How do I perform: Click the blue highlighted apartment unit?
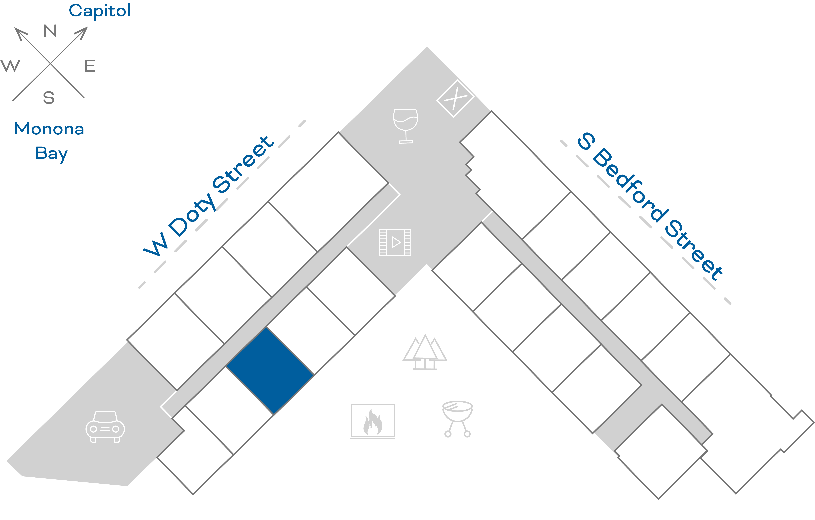[270, 370]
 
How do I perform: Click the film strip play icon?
[395, 242]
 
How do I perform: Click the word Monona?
[49, 129]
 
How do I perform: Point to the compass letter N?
[50, 31]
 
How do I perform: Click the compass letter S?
[49, 98]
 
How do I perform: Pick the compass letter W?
[10, 66]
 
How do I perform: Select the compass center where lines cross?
[50, 63]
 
